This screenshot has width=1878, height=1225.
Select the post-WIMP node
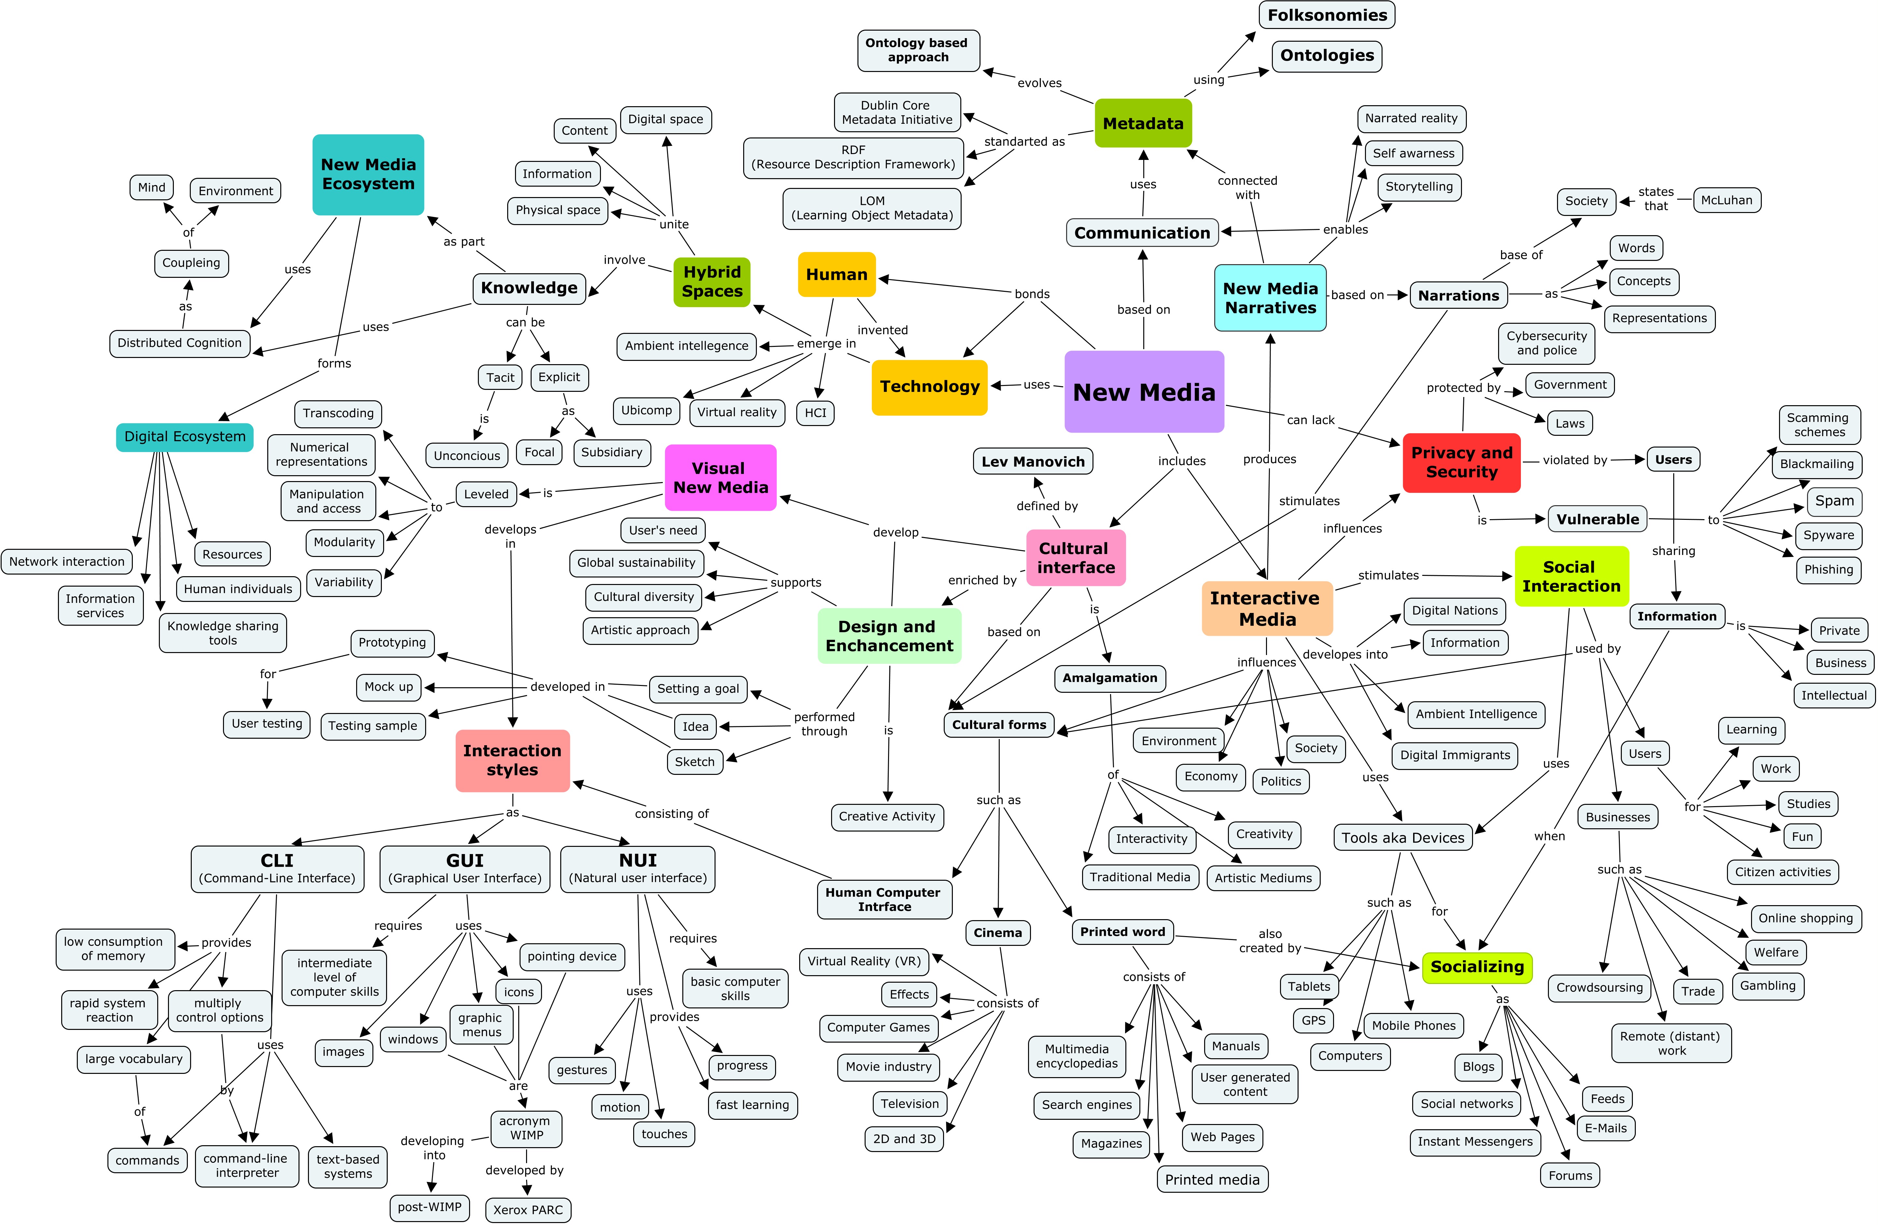[x=429, y=1207]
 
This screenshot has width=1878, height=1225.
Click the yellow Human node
[x=836, y=275]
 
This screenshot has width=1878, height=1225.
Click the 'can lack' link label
[x=1311, y=420]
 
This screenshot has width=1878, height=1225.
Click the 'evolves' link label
[x=1039, y=83]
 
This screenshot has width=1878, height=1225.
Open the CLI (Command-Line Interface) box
[x=277, y=868]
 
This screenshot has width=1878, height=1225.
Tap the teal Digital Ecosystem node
[x=185, y=436]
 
